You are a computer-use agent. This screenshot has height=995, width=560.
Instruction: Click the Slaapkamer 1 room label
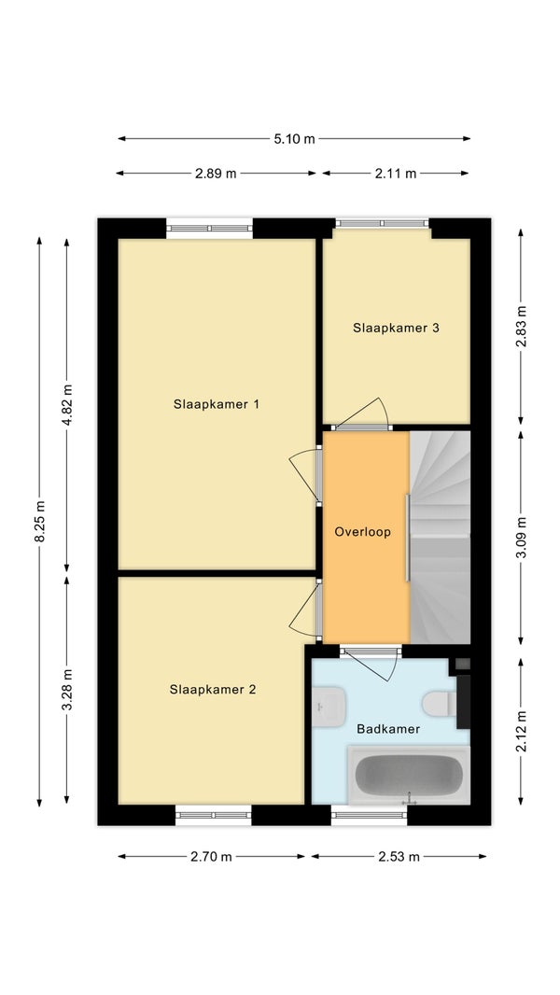point(217,404)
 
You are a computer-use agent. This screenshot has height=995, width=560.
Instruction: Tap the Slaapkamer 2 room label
point(213,689)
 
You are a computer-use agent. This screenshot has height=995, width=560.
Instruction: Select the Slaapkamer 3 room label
point(397,328)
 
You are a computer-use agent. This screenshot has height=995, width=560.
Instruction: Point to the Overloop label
point(363,532)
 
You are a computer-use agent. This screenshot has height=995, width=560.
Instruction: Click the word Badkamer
point(388,729)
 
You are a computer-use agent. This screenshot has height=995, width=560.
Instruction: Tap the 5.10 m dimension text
point(294,139)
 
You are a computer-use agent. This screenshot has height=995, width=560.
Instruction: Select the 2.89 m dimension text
point(216,174)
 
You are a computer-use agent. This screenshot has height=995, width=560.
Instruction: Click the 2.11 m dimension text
point(396,174)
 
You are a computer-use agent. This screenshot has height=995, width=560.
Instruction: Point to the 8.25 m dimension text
point(39,522)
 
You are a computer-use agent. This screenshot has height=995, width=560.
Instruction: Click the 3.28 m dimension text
point(66,690)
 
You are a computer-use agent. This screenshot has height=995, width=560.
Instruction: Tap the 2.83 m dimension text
point(521,327)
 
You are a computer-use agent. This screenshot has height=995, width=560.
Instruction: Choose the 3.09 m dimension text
point(521,538)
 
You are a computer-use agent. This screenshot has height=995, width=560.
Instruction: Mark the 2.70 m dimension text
point(211,857)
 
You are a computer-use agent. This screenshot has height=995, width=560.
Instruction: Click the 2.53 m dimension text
point(399,857)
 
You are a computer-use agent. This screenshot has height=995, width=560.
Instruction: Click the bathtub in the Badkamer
point(409,776)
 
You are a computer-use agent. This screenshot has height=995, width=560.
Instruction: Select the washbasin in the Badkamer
point(329,707)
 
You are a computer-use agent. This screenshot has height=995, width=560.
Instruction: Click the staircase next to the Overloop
point(441,538)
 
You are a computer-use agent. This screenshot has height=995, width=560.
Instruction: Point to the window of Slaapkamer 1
point(209,229)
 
